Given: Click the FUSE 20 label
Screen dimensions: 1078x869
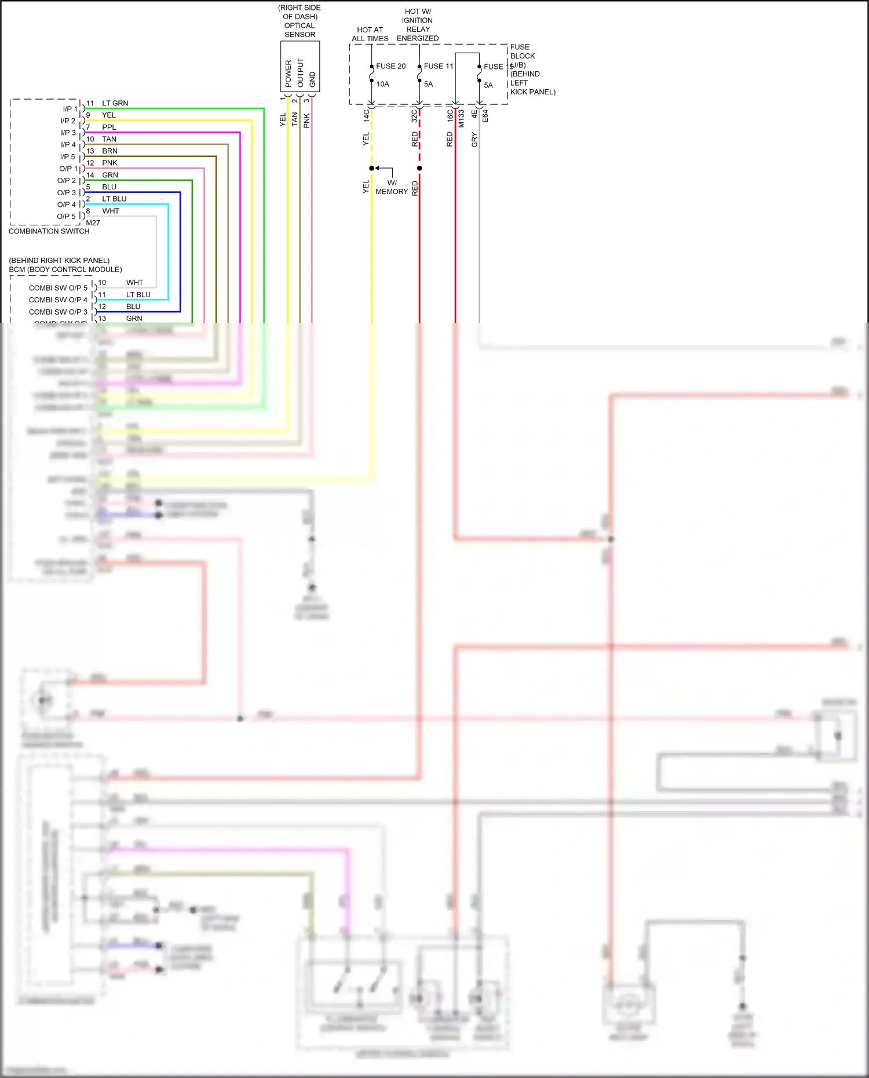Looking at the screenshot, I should [x=390, y=66].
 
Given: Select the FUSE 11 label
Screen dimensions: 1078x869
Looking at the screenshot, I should [x=438, y=66].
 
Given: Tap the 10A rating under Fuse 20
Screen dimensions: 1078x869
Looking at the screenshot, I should [x=382, y=84].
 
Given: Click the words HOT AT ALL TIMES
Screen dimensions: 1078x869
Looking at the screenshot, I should [x=370, y=34].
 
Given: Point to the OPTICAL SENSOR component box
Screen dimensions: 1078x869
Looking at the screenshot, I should [x=300, y=66].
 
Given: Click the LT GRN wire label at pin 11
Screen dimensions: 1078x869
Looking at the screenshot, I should [x=115, y=103].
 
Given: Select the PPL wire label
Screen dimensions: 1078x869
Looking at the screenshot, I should [x=109, y=127].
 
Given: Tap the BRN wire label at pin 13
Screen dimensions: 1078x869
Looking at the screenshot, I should [x=109, y=151].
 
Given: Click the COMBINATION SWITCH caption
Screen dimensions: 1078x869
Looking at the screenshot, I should [x=49, y=231].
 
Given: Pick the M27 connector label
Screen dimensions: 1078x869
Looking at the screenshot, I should [x=93, y=223].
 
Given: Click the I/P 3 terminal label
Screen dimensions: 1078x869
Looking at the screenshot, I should [x=68, y=133].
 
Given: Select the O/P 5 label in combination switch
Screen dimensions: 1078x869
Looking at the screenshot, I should [x=66, y=216].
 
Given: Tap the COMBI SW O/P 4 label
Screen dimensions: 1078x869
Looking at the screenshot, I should [x=58, y=299].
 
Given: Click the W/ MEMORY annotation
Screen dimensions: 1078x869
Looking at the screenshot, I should [x=392, y=187].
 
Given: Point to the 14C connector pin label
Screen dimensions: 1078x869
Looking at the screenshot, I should [x=366, y=115].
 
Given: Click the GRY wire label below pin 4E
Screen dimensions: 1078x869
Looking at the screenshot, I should [x=474, y=140].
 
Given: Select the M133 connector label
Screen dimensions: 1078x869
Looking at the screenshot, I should [x=461, y=118].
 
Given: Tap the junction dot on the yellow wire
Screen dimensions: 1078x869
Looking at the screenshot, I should [x=371, y=168].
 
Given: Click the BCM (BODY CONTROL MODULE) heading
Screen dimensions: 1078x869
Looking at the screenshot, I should [x=65, y=269].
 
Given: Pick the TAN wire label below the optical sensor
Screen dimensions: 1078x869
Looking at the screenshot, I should [x=294, y=119].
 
